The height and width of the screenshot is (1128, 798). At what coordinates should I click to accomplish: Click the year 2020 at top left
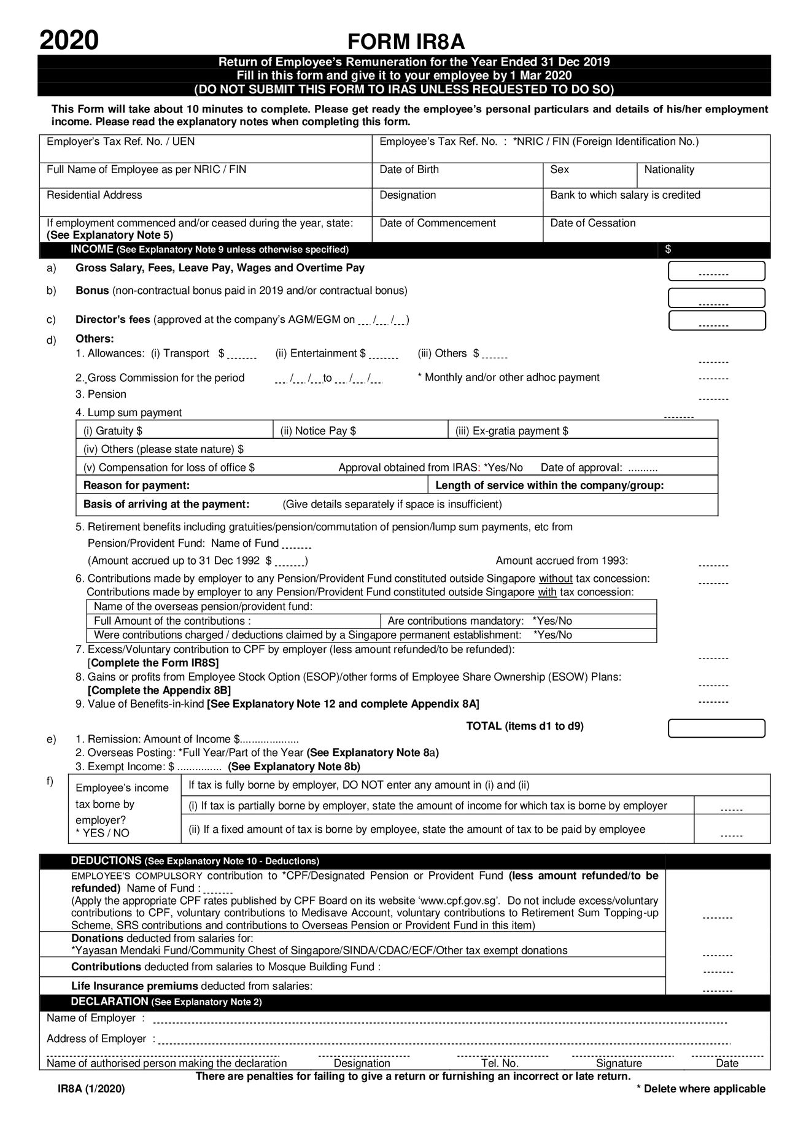(x=69, y=41)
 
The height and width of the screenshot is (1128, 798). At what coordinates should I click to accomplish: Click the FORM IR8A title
(x=406, y=42)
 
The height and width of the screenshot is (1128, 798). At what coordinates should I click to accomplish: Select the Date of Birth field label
(x=409, y=169)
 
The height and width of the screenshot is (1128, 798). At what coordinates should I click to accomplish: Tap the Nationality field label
(x=669, y=169)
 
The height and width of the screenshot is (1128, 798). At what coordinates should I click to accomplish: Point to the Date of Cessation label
(x=592, y=223)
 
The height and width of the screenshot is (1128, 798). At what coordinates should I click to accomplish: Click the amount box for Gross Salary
(x=716, y=271)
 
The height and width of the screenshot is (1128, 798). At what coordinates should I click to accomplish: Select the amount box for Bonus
(x=716, y=298)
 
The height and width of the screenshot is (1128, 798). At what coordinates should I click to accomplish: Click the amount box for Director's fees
(x=716, y=320)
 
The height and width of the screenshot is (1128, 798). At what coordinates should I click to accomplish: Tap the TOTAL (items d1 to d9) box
(x=716, y=728)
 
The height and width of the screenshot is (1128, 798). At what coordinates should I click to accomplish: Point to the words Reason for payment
(x=136, y=485)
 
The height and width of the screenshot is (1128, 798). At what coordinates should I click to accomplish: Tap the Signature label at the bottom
(x=619, y=1063)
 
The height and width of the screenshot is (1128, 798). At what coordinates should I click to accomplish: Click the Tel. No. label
(x=500, y=1063)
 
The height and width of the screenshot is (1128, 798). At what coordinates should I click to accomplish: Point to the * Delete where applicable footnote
(x=700, y=1089)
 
